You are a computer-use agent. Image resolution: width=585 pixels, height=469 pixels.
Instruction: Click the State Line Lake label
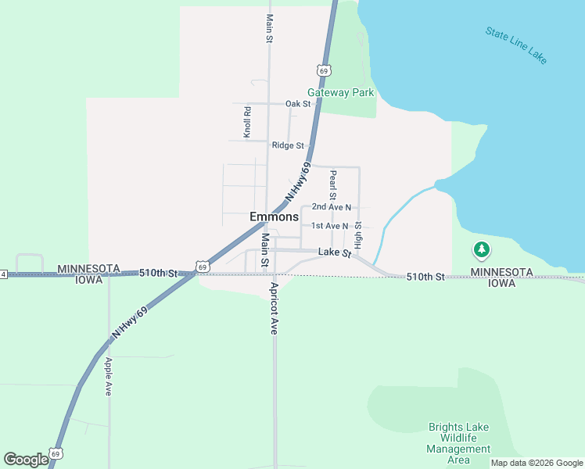click(x=516, y=45)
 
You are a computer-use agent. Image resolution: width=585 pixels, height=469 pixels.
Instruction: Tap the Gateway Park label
click(x=340, y=92)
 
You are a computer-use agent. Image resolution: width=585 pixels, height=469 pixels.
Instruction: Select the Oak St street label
click(x=298, y=104)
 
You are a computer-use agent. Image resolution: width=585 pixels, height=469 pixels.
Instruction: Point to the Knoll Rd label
click(x=247, y=122)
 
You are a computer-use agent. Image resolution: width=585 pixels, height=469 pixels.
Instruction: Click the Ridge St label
click(x=288, y=145)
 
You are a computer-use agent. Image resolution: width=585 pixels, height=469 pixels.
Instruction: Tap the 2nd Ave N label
click(x=331, y=207)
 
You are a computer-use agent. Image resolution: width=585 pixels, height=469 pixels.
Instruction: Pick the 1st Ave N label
click(x=329, y=226)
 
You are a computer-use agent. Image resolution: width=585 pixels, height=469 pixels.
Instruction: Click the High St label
click(x=358, y=235)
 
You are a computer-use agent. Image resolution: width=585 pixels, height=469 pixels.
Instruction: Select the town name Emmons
click(x=274, y=217)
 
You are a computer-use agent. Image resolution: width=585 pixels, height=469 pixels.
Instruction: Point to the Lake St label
click(x=334, y=252)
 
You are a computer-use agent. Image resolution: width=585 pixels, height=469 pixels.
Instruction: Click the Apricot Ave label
click(x=275, y=308)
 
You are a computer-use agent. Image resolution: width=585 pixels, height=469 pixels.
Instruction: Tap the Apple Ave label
click(x=109, y=376)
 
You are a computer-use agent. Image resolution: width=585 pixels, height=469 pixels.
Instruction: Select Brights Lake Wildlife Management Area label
click(x=458, y=443)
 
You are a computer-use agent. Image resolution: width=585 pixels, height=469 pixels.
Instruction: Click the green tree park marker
click(x=483, y=250)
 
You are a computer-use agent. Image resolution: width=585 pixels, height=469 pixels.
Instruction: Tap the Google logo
click(x=26, y=460)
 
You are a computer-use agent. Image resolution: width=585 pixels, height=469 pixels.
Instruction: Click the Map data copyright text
click(x=537, y=463)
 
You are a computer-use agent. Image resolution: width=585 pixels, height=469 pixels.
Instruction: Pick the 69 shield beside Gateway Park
click(x=325, y=70)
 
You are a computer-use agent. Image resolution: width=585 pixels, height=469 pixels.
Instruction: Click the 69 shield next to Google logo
click(x=55, y=453)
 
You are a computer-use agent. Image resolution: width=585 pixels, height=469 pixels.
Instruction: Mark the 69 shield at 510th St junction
click(x=203, y=267)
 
